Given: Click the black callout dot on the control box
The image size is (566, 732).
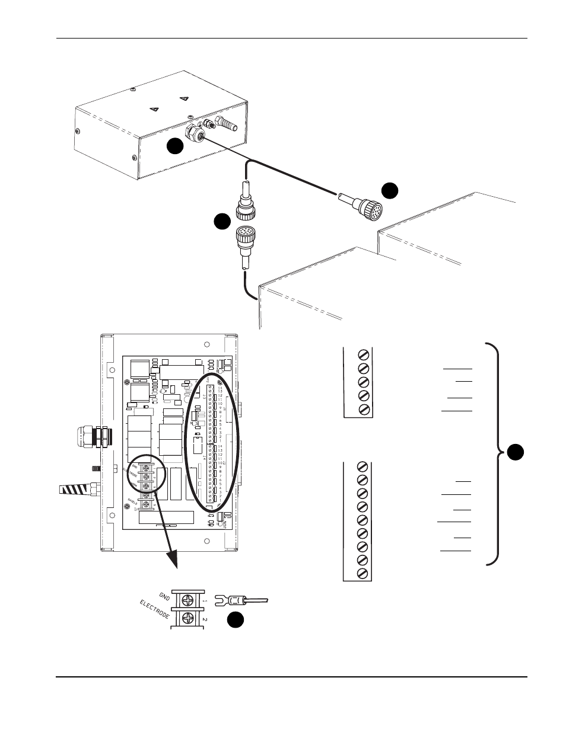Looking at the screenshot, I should pyautogui.click(x=174, y=146).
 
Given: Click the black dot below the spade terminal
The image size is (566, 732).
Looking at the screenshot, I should pyautogui.click(x=236, y=620).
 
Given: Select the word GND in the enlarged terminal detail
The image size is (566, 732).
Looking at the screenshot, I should pyautogui.click(x=164, y=596).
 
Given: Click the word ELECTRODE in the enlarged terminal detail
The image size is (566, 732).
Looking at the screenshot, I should pyautogui.click(x=154, y=609).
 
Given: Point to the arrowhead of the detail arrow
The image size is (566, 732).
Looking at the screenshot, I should pyautogui.click(x=174, y=561).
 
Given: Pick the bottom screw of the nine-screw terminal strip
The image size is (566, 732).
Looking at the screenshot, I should pyautogui.click(x=363, y=573).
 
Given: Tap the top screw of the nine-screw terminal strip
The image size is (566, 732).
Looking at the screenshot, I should pyautogui.click(x=363, y=466).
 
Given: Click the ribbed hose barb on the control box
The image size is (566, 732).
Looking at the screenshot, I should pyautogui.click(x=226, y=125).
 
